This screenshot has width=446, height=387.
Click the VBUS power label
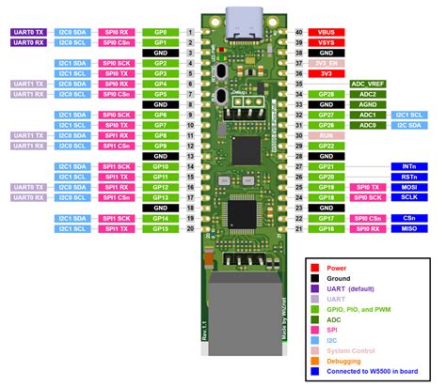coord(327,32)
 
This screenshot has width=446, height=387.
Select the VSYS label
coord(327,43)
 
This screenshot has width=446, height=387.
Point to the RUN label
coord(327,135)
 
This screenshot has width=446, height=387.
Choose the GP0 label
coord(160,32)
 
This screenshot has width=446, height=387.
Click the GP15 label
coord(160,228)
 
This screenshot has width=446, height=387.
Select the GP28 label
coord(327,95)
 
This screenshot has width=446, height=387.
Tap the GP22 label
coord(327,146)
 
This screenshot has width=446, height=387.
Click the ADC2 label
coord(369,95)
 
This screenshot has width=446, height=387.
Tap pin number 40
coord(299,32)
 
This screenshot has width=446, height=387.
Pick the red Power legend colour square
coord(314,268)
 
